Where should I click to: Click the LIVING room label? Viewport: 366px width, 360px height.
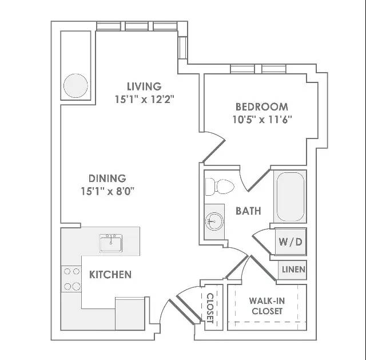(x=144, y=86)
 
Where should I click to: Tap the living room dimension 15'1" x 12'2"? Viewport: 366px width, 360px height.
(x=145, y=100)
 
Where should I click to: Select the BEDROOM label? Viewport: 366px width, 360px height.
(x=262, y=107)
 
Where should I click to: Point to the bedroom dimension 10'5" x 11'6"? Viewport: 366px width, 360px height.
(x=262, y=120)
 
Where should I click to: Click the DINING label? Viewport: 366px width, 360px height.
(x=108, y=179)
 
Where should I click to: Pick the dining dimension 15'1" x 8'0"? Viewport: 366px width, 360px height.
(x=108, y=191)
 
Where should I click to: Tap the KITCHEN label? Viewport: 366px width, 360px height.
(x=110, y=275)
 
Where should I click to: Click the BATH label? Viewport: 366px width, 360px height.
(x=248, y=211)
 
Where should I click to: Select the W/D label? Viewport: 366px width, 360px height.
(x=291, y=242)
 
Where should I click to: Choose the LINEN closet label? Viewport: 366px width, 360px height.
(x=293, y=270)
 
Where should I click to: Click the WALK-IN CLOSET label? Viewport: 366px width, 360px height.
(x=267, y=306)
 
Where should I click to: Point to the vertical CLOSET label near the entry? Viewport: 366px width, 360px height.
(x=210, y=308)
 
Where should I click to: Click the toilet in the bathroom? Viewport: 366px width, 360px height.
(x=220, y=187)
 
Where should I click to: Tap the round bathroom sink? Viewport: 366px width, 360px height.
(x=214, y=221)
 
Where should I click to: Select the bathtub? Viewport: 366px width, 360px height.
(x=291, y=197)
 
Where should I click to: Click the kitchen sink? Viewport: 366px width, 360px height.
(x=110, y=243)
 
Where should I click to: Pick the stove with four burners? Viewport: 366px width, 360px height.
(x=71, y=279)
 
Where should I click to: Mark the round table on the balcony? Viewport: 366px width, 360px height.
(x=75, y=85)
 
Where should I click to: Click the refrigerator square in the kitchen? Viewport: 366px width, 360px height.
(x=130, y=314)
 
